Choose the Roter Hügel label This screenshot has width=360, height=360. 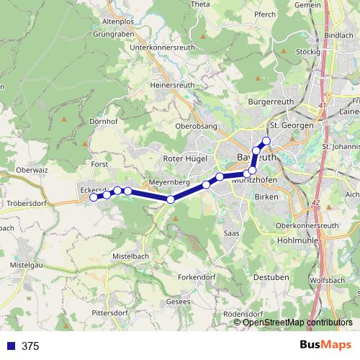click(x=186, y=158)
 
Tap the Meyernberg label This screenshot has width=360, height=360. click(x=169, y=183)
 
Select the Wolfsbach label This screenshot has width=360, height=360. click(x=328, y=279)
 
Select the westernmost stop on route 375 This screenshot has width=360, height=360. click(x=94, y=197)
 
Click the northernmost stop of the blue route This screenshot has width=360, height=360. click(x=266, y=140)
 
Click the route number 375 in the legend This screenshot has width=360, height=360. click(x=30, y=346)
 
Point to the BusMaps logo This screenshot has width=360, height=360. click(x=325, y=346)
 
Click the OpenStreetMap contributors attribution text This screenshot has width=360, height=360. click(x=297, y=322)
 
